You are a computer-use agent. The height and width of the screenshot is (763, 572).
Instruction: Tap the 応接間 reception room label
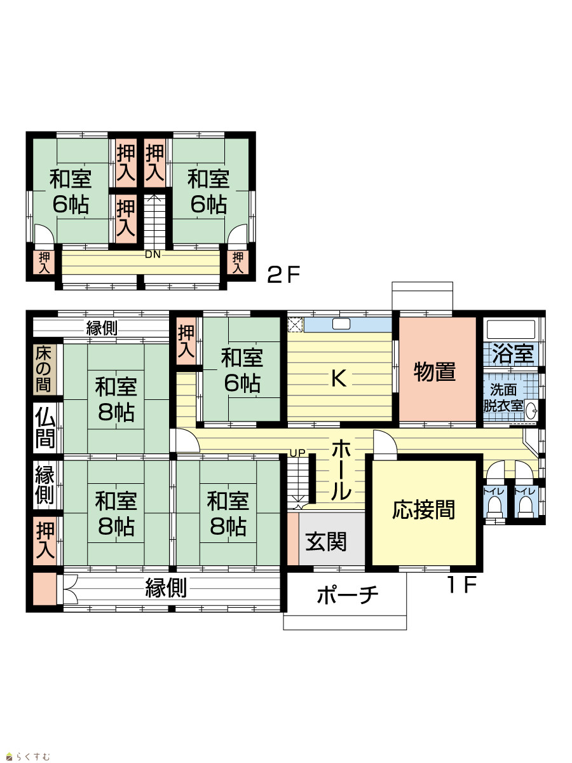tap(423, 510)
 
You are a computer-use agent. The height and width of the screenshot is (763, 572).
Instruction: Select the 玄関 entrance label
tap(326, 542)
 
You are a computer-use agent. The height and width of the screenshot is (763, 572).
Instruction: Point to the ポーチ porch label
tap(347, 595)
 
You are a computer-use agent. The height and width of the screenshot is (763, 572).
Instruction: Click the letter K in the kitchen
tap(339, 378)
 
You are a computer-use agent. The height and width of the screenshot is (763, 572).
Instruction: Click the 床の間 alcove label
tap(43, 369)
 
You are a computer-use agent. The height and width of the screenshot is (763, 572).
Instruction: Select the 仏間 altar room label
tap(45, 427)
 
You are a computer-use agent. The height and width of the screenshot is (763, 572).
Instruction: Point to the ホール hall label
tap(341, 470)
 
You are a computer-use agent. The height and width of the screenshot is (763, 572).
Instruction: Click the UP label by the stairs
tap(297, 453)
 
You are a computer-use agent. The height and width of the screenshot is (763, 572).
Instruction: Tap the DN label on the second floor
tap(153, 254)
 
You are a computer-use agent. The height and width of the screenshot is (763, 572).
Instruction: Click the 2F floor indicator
tap(283, 275)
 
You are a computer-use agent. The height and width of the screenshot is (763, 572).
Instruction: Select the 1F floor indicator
tap(462, 585)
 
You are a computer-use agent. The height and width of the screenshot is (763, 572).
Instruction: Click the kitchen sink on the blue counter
tap(341, 324)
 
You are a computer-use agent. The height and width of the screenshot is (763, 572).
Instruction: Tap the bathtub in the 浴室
tap(511, 329)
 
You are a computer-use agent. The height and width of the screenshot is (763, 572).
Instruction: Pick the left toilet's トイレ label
tap(494, 492)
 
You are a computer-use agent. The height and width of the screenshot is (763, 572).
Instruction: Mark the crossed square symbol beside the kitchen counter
tap(296, 325)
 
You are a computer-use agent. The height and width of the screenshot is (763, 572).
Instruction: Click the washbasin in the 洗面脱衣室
tap(532, 410)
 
